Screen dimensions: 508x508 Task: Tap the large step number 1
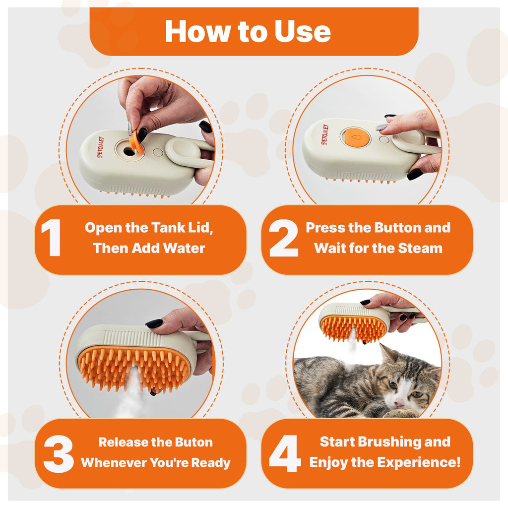coord(51,239)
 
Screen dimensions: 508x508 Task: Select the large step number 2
coord(284,239)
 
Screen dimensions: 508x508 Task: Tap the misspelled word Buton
coord(194,442)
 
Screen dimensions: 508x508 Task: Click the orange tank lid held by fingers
coord(136,141)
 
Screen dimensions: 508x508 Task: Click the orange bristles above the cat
coord(353,327)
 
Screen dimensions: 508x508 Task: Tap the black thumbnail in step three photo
coord(154,323)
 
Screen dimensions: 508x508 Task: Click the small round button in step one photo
coord(157,153)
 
